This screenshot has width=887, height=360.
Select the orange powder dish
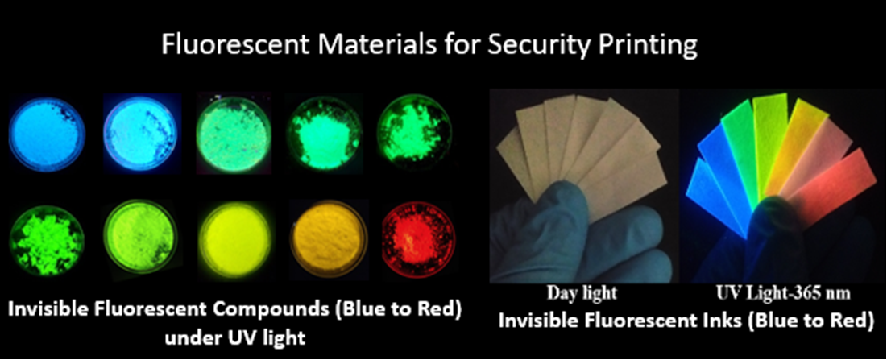tap(326, 238)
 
